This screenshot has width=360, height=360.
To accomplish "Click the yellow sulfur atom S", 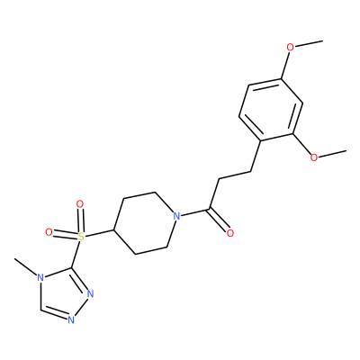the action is click(x=80, y=237).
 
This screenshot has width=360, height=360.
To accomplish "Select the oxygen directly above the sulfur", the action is click(x=80, y=204).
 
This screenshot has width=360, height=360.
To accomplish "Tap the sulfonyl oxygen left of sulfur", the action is click(x=49, y=232).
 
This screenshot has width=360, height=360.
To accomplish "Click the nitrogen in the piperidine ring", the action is click(x=177, y=216).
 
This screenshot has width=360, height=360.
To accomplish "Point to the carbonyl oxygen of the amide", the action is click(x=230, y=233).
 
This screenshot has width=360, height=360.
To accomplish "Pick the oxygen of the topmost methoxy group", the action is click(x=290, y=48).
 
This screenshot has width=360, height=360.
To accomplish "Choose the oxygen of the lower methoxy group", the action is click(x=314, y=157).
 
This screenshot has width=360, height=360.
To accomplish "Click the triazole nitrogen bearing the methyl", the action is click(x=40, y=278).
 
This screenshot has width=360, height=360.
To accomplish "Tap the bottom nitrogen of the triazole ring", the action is click(x=71, y=319).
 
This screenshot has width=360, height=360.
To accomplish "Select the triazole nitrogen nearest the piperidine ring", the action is click(x=90, y=293).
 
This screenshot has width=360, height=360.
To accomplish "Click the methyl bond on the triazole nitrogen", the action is click(x=25, y=266).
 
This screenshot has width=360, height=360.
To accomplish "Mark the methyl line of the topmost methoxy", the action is click(x=309, y=43).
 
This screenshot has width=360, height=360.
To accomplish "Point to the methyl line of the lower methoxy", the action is click(x=332, y=153).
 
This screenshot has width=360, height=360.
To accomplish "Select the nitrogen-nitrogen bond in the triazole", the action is click(x=81, y=307).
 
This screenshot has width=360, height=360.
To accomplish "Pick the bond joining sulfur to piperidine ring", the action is click(x=99, y=234).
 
